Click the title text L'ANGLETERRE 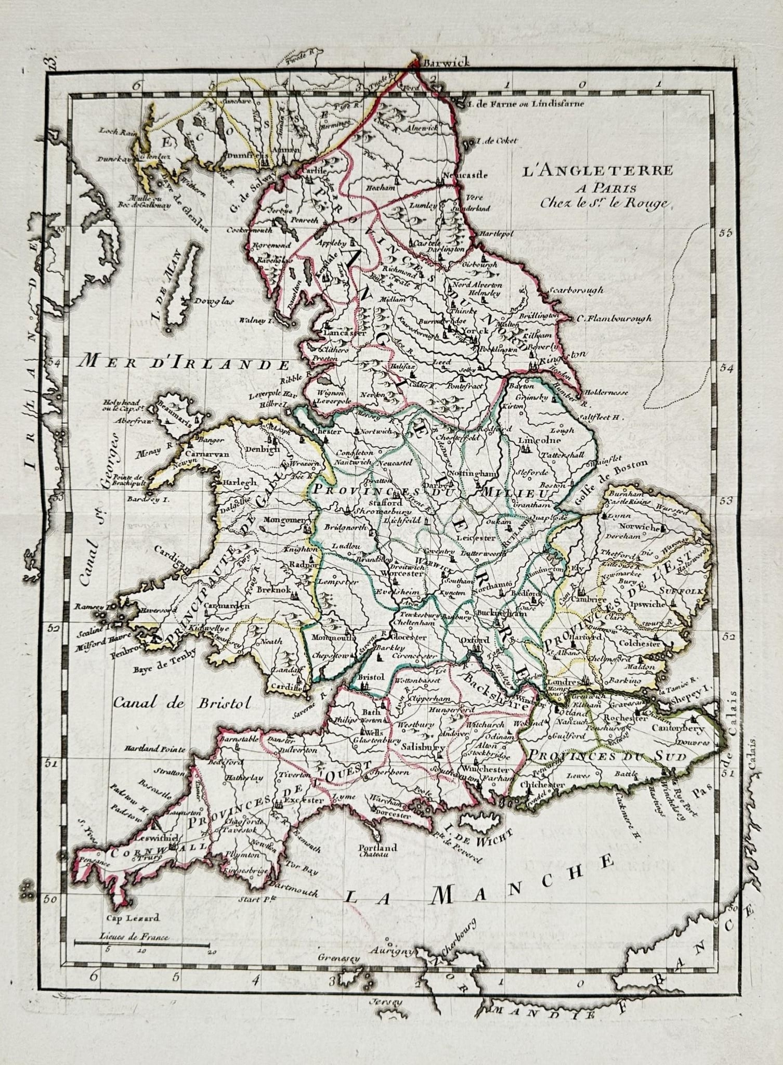pos(597,171)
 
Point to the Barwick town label pos(446,63)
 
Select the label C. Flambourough pos(614,319)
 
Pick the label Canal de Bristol pos(181,703)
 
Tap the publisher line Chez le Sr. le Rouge pos(603,203)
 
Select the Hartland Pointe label pos(154,749)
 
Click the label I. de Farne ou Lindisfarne pos(526,103)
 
